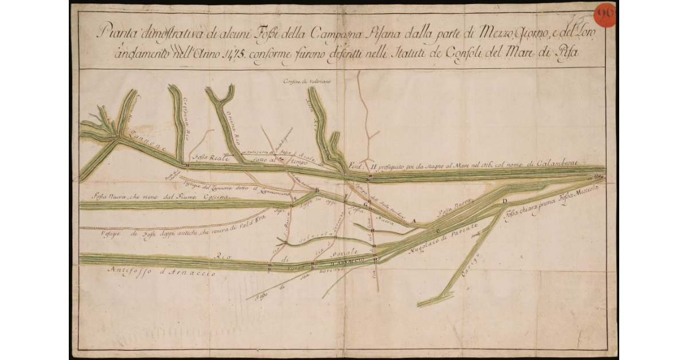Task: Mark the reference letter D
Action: tap(505, 201)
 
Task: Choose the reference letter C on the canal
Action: tap(439, 231)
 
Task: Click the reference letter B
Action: tap(317, 190)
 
